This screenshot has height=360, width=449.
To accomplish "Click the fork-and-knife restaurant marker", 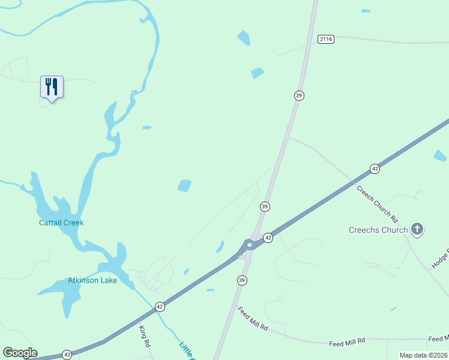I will coord(52,87).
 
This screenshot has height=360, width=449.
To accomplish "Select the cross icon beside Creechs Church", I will coord(417,229).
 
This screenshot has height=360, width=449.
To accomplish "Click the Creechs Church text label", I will coord(378,230).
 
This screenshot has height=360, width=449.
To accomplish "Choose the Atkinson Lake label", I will coord(92,280).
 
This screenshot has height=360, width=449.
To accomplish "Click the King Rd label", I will coord(144,337).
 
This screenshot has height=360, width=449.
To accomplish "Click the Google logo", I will coord(20,353).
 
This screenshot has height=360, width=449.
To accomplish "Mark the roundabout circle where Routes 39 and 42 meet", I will coord(249,245).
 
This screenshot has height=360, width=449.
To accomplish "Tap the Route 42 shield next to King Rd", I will coord(160,307).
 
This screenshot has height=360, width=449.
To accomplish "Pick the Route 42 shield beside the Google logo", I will coord(67,354).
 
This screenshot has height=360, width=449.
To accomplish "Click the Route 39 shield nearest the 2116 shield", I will coord(298,95).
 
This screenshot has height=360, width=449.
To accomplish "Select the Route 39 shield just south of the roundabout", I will coord(242,280).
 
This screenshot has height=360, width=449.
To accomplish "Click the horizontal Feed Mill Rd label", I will coord(347,342).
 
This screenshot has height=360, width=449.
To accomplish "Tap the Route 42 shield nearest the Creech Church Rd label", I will coord(375,169).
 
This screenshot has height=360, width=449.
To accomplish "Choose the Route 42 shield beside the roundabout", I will coord(268,238).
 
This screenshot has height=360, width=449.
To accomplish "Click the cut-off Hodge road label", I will coord(439,258).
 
